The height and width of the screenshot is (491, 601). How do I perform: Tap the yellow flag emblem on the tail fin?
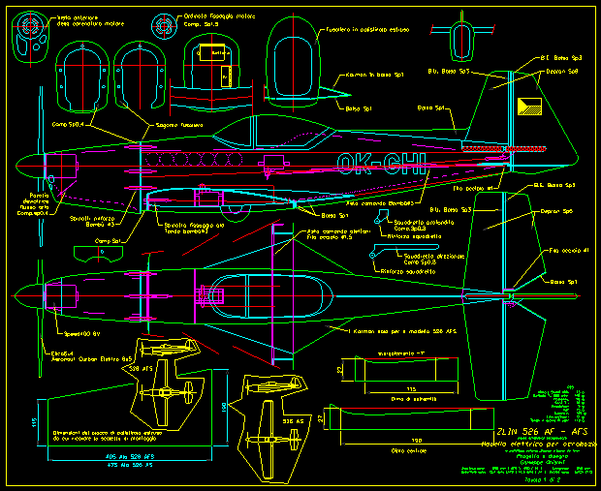531,106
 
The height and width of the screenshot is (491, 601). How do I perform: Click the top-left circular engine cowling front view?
35,31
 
